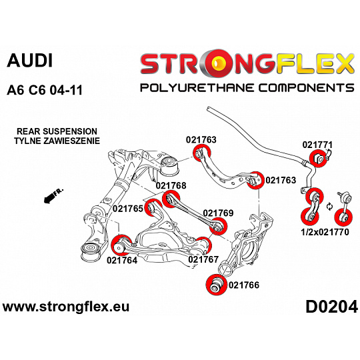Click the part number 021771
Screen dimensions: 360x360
pos(317,145)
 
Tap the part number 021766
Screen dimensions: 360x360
pos(244,285)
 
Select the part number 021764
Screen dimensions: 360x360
pos(122,260)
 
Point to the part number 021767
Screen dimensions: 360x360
pos(203,259)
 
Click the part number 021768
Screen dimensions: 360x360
pos(171,185)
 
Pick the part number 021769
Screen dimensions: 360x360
pos(218,213)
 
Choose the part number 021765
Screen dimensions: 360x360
pos(128,209)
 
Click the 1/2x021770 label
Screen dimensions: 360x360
pos(325,232)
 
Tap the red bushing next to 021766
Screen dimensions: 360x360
pos(216,284)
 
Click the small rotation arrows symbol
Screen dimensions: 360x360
pos(329,207)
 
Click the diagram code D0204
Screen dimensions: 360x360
pos(331,307)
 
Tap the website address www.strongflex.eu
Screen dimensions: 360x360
pos(66,307)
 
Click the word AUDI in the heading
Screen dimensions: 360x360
pos(30,61)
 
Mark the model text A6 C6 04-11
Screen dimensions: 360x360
pos(45,90)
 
